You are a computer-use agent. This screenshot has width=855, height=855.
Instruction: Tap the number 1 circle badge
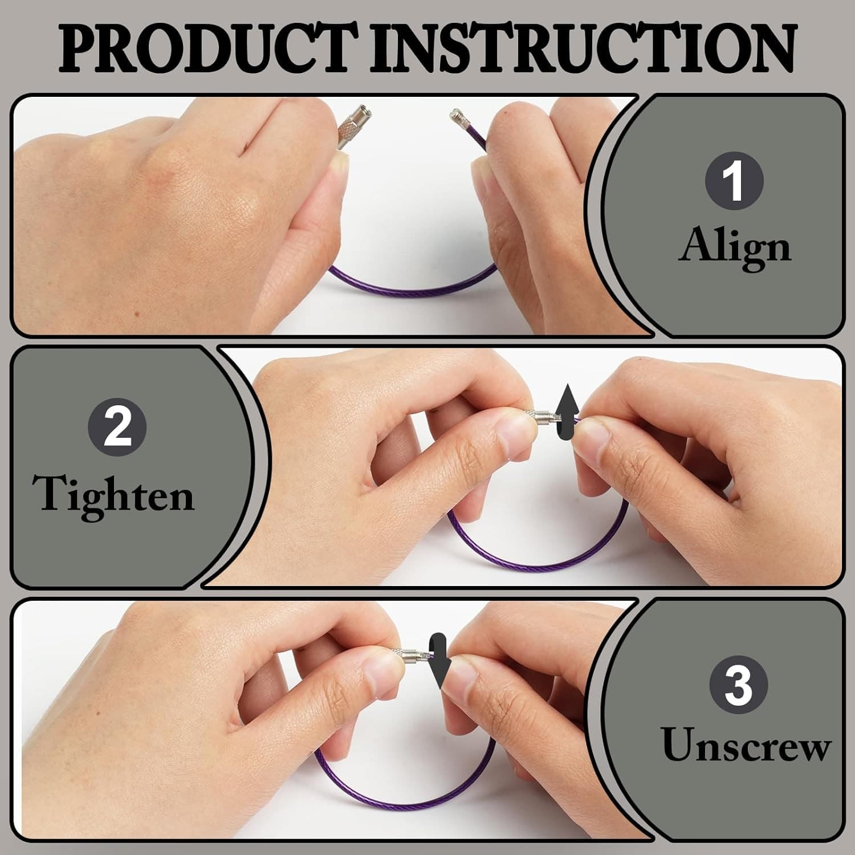(x=734, y=181)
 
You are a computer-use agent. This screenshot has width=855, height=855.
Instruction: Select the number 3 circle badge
(x=738, y=686)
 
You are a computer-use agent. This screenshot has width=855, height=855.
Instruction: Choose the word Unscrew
(x=746, y=745)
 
